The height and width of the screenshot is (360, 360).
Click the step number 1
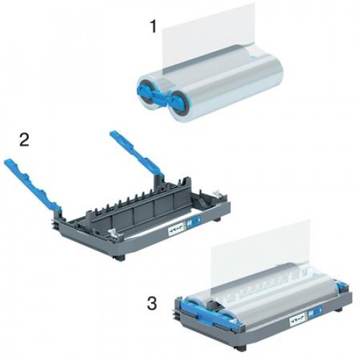[153, 28]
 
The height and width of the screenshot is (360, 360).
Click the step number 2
[24, 140]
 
